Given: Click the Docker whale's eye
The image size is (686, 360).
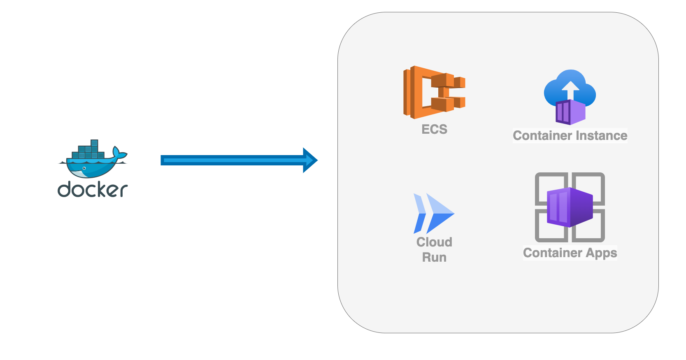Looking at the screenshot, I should [x=84, y=168].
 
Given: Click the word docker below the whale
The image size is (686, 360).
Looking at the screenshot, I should [x=93, y=190].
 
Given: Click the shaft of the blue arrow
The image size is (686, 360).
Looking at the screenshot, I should [x=230, y=160].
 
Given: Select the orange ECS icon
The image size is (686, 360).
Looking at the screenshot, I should [x=434, y=92].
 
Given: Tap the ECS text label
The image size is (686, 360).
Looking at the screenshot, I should [x=434, y=129].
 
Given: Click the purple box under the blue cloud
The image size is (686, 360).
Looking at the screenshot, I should [x=570, y=112].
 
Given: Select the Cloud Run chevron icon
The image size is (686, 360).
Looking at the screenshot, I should [x=433, y=213].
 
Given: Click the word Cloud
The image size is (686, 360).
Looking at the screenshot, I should [x=434, y=242].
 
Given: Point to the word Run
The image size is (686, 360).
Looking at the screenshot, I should [x=434, y=257].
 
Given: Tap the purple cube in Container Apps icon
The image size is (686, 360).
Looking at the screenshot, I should [x=570, y=207].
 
